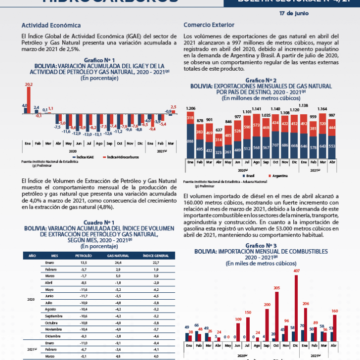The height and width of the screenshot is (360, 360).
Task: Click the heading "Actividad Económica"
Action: click(51, 25)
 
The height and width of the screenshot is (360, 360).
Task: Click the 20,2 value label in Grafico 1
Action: click(29, 85)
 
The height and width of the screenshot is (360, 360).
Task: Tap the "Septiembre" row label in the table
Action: click(54, 315)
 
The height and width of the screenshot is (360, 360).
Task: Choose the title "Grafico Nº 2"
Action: click(261, 80)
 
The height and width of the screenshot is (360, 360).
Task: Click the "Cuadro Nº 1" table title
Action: click(99, 223)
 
